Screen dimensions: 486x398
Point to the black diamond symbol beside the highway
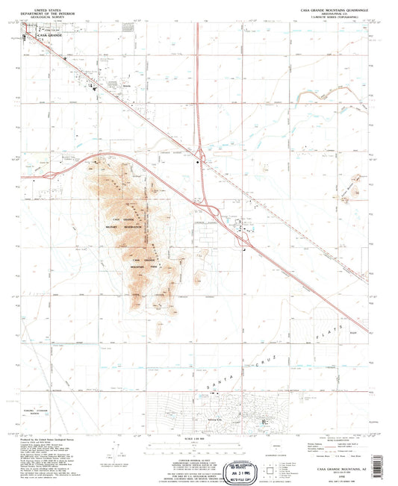[199, 155]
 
